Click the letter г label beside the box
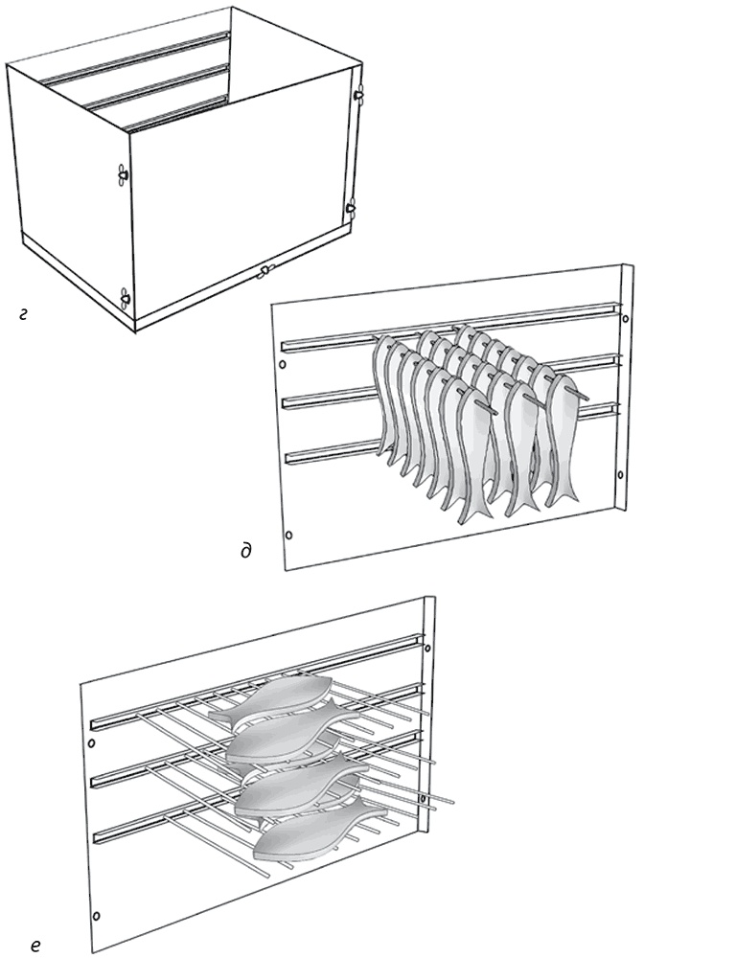[23, 315]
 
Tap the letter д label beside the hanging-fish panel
[246, 551]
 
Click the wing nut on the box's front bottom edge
[264, 272]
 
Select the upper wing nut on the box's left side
[123, 174]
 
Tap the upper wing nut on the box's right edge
[358, 94]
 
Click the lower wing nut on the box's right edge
[351, 208]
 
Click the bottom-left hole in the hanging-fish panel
[289, 536]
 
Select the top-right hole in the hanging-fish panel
[625, 318]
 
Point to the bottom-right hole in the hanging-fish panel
[620, 474]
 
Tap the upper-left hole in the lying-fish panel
[92, 743]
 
